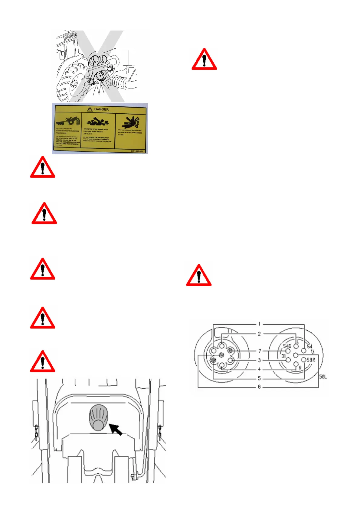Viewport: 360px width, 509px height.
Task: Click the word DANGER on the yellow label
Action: coord(101,109)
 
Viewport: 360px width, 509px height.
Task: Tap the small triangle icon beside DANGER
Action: coord(90,109)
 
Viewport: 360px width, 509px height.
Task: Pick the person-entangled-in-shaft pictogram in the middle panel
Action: coord(98,122)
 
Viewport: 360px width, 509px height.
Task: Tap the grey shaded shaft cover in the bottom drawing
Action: coord(98,417)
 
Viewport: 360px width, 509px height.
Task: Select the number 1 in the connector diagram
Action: coord(259,324)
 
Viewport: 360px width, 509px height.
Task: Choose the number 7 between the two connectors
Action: coord(260,351)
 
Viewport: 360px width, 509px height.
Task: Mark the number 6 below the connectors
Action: coord(259,387)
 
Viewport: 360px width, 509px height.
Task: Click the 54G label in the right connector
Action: coord(287,346)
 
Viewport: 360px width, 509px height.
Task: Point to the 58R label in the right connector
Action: coord(311,360)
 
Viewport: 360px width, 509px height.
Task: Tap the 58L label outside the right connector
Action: coord(323,377)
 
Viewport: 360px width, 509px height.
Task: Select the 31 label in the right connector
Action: coord(283,356)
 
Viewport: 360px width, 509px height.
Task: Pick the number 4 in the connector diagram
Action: coord(259,369)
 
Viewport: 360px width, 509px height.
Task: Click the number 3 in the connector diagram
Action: coord(259,360)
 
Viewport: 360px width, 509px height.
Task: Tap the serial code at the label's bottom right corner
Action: coord(137,151)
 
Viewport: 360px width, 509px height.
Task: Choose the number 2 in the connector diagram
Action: coord(259,334)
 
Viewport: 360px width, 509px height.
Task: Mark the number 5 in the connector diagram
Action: coord(259,378)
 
